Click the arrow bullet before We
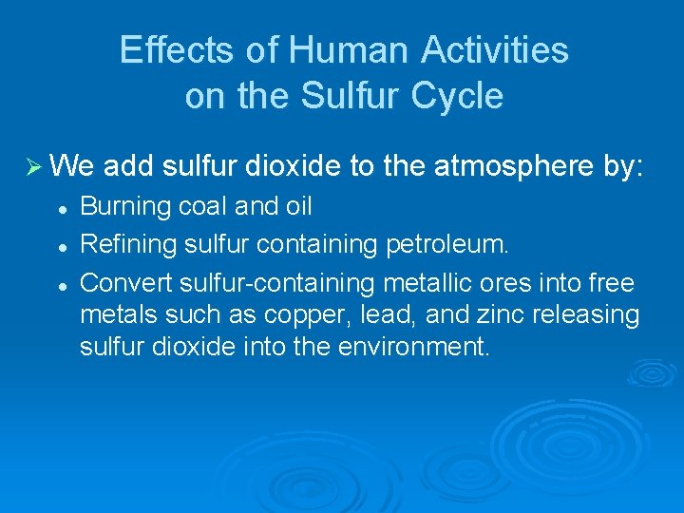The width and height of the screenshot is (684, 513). [31, 168]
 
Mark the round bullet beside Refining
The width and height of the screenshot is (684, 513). [59, 246]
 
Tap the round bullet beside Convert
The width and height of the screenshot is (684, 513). [59, 284]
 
